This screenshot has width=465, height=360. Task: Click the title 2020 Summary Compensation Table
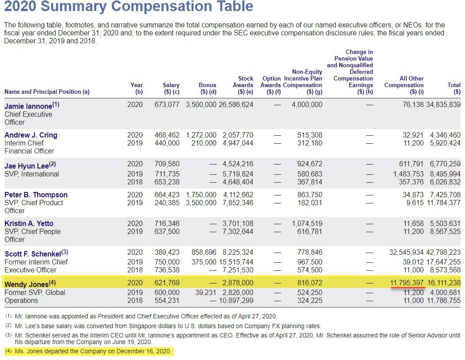[129, 7]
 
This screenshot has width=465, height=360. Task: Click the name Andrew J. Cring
[31, 135]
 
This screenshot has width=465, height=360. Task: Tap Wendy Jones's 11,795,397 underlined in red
[408, 283]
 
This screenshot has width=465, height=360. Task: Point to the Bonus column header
[207, 88]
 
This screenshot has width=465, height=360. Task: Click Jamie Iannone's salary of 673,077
[167, 105]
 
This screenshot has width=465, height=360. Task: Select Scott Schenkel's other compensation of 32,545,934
[406, 253]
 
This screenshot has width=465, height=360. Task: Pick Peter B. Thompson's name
[36, 195]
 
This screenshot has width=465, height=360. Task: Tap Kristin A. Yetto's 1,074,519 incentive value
[307, 224]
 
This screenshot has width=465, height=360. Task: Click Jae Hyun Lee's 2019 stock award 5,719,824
[238, 174]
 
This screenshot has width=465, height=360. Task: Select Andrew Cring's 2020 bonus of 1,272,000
[201, 135]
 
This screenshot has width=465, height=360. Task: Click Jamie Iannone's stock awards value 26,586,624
[236, 105]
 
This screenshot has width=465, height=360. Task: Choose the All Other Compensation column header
[404, 85]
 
